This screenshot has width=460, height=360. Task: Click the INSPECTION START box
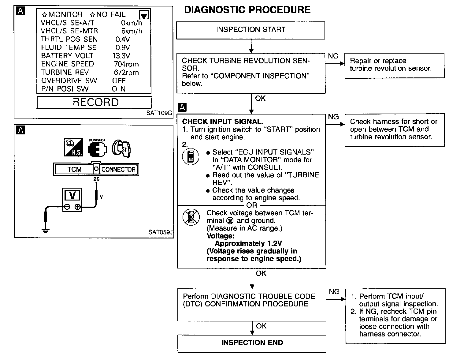pyautogui.click(x=250, y=30)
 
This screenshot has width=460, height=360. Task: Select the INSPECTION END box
pyautogui.click(x=252, y=343)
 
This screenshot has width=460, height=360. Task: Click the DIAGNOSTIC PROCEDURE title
pyautogui.click(x=247, y=10)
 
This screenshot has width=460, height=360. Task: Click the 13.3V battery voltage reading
pyautogui.click(x=121, y=56)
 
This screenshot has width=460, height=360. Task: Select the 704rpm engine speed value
pyautogui.click(x=126, y=64)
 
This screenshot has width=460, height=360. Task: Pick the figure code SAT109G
pyautogui.click(x=159, y=113)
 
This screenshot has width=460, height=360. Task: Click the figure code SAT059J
pyautogui.click(x=160, y=232)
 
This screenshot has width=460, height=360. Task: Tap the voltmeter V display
pyautogui.click(x=72, y=195)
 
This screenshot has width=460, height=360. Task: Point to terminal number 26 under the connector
pyautogui.click(x=96, y=179)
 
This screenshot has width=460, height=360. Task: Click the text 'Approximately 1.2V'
pyautogui.click(x=248, y=244)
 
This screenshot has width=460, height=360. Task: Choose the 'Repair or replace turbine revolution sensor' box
pyautogui.click(x=394, y=65)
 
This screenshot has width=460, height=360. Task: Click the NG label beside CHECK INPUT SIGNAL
pyautogui.click(x=333, y=117)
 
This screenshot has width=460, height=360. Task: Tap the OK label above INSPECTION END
pyautogui.click(x=261, y=326)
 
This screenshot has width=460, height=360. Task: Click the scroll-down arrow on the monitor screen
pyautogui.click(x=144, y=15)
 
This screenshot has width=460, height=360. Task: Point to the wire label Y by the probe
pyautogui.click(x=102, y=197)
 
